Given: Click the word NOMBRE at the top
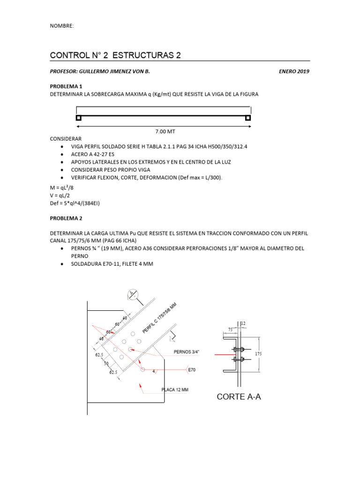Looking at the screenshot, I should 61,26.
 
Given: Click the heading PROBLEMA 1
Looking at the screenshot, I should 66,86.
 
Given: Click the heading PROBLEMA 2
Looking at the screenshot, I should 66,218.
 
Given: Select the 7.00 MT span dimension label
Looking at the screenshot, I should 165,132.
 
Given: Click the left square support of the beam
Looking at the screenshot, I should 79,118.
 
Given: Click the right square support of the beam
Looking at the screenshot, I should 248,118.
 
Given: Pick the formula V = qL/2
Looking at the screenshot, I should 62,195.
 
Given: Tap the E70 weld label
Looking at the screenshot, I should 191,370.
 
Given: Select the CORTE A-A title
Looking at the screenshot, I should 239,397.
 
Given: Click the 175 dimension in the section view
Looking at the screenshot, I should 258,355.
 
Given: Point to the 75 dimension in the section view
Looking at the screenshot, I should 230,330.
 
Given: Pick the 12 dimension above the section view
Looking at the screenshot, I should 243,323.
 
